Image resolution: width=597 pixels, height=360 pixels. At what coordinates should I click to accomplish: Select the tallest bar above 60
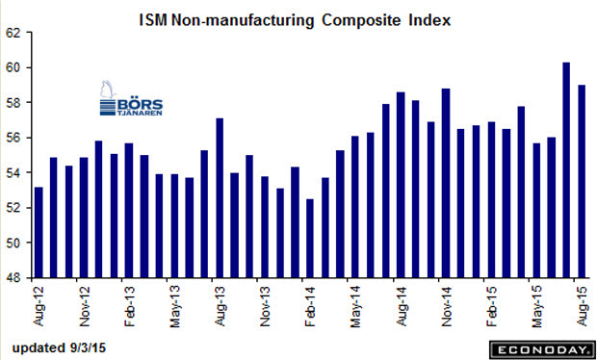point(566,170)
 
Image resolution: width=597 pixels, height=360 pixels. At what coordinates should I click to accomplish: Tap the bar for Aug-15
point(582,182)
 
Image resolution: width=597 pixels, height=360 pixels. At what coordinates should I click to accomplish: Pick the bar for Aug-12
point(39,233)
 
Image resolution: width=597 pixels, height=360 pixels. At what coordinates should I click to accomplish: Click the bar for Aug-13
point(220,198)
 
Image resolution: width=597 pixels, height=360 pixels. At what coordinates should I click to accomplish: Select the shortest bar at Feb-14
point(310,238)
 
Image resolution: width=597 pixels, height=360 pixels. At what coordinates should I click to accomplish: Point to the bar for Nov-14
point(446,184)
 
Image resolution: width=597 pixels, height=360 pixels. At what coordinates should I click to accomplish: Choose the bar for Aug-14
point(401,185)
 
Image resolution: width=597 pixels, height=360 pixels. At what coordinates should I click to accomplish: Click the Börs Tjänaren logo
point(131,98)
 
